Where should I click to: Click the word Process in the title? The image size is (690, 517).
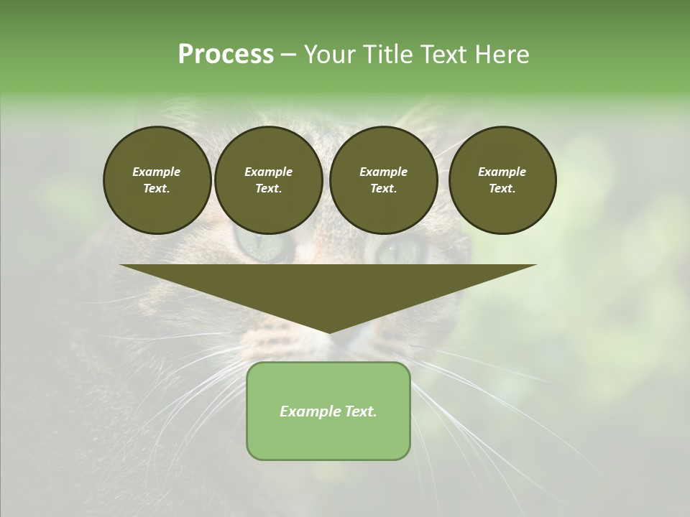226,55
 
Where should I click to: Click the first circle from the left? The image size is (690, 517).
157,180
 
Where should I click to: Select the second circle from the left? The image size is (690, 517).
268,180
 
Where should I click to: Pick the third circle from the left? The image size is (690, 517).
383,180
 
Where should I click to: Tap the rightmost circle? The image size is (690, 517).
502,180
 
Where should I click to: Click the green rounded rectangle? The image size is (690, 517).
328,411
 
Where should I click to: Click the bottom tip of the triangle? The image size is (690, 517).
328,332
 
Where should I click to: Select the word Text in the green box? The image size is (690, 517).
360,411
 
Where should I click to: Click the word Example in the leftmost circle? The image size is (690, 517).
157,172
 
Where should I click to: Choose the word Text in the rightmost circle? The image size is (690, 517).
502,189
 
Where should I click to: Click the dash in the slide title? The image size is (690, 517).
288,55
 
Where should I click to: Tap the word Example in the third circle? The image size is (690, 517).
383,172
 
